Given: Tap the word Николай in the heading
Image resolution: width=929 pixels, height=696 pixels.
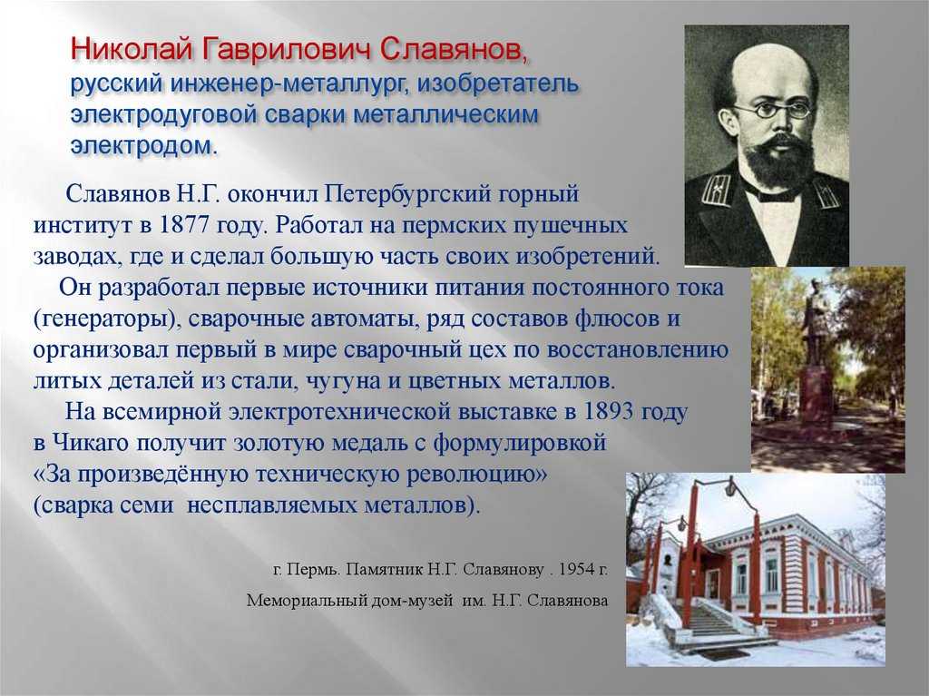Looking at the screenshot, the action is click(132, 50).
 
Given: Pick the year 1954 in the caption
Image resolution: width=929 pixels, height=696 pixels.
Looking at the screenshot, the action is click(576, 569).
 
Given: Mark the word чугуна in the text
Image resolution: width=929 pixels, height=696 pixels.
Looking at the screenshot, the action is click(342, 381).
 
